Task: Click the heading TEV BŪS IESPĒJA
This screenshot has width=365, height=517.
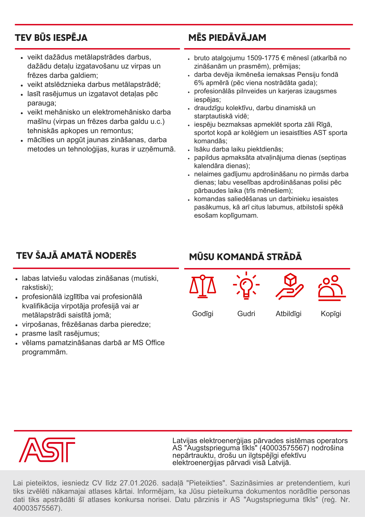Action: (51, 38)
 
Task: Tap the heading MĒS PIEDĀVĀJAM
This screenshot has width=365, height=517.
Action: (227, 38)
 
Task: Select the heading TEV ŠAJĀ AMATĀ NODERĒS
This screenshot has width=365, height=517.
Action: (76, 256)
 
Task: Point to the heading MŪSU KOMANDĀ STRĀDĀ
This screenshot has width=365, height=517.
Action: (245, 257)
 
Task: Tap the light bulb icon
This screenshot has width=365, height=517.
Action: (246, 286)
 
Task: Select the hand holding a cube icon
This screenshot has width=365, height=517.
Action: (289, 286)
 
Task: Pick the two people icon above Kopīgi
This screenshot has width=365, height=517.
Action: (331, 288)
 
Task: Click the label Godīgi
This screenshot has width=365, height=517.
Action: (203, 314)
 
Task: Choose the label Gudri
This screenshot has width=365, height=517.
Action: (246, 314)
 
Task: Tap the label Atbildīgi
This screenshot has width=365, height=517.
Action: (289, 314)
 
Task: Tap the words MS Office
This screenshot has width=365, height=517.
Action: (148, 343)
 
